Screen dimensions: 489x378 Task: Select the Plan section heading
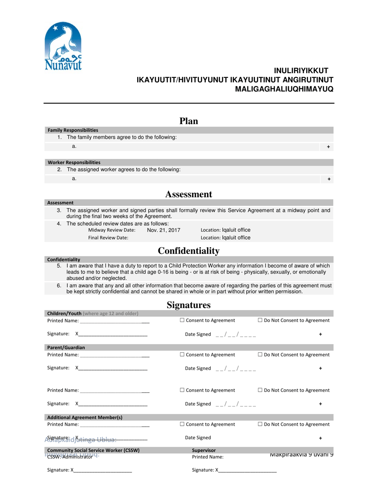(189, 121)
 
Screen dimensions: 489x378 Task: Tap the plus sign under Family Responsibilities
(328, 147)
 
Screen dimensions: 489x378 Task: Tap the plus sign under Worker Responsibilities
(329, 179)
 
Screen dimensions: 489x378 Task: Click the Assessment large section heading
(189, 194)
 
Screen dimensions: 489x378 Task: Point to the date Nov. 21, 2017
(164, 230)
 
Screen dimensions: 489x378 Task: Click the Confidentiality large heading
(189, 251)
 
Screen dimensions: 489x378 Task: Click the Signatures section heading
(189, 305)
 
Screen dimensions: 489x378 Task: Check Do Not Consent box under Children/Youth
(260, 320)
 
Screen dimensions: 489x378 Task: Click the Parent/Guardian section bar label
(66, 347)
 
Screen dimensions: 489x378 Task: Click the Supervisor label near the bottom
(204, 450)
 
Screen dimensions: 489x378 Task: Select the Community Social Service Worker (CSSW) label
(93, 450)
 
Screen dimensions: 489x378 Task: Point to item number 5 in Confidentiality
(59, 266)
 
